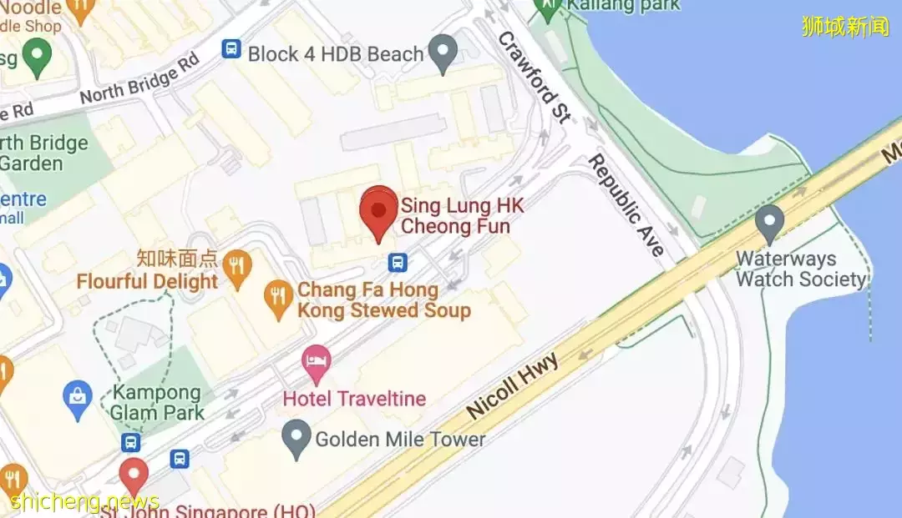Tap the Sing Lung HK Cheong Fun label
pyautogui.click(x=456, y=215)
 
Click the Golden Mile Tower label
pyautogui.click(x=400, y=439)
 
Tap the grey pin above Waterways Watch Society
pyautogui.click(x=769, y=222)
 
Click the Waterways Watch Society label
pyautogui.click(x=800, y=269)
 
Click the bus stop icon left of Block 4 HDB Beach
pyautogui.click(x=231, y=50)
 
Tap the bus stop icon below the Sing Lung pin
pyautogui.click(x=398, y=263)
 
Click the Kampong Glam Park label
pyautogui.click(x=159, y=402)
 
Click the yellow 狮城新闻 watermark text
pyautogui.click(x=845, y=27)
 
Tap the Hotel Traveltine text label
pyautogui.click(x=354, y=398)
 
